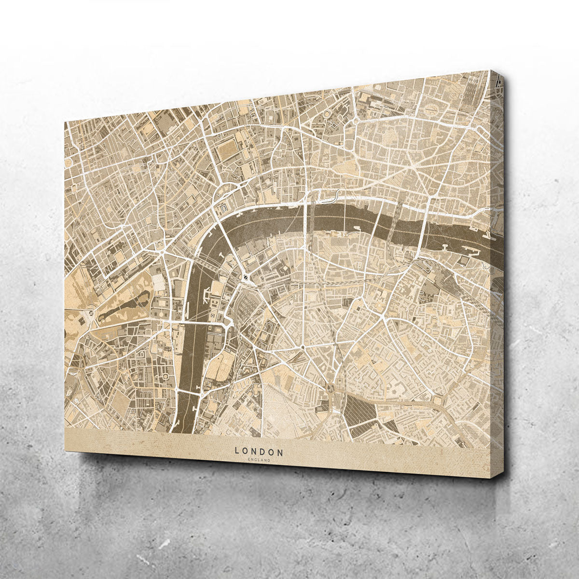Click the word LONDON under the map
tap(259, 452)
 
